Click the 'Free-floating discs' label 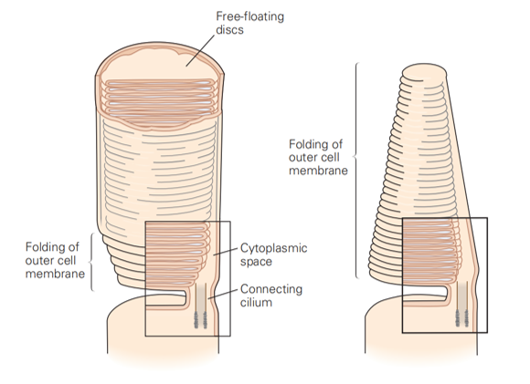tap(249, 23)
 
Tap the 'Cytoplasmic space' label tap(273, 254)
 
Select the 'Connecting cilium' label tap(271, 296)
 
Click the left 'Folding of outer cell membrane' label tap(55, 260)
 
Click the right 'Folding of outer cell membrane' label tap(318, 157)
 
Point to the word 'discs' tap(229, 30)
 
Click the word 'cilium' tap(256, 302)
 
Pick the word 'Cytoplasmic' tap(273, 248)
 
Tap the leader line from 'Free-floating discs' tap(200, 50)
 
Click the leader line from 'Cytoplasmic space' tap(226, 252)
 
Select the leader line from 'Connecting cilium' tap(223, 294)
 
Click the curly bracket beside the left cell tap(90, 262)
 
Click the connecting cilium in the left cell tap(200, 306)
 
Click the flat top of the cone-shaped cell tap(424, 72)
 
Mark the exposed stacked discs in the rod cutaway tap(160, 98)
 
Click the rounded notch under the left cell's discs tap(166, 298)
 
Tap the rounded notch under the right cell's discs tap(427, 294)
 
